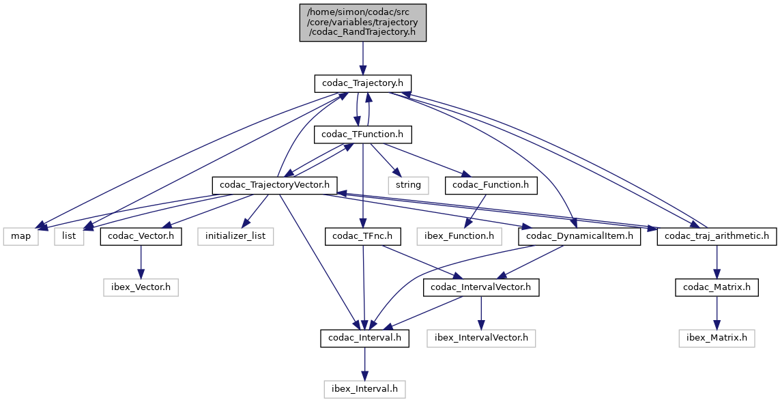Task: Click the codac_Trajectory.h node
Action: pos(362,83)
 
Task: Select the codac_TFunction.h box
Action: pos(362,134)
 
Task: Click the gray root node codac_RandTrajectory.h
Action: pos(362,23)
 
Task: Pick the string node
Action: pos(408,185)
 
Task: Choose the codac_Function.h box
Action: pos(490,185)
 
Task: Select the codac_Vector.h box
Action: pos(141,237)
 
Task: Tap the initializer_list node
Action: pos(236,237)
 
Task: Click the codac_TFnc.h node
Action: pos(362,237)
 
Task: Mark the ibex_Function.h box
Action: pos(459,237)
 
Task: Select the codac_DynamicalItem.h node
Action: pos(579,237)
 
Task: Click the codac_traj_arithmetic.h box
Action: pos(716,237)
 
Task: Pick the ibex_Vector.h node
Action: pos(141,287)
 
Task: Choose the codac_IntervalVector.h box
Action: pos(481,287)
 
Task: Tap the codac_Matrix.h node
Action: pos(717,287)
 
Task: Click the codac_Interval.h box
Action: pos(364,339)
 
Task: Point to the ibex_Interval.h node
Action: pos(364,390)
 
